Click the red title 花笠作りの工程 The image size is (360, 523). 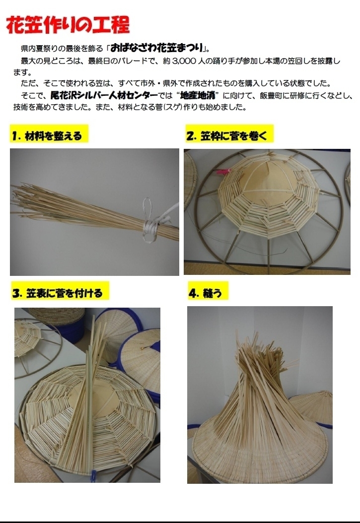pyautogui.click(x=68, y=24)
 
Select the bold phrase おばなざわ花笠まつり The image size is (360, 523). pyautogui.click(x=157, y=48)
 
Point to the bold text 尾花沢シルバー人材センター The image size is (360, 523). pyautogui.click(x=104, y=96)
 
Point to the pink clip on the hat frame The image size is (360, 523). pyautogui.click(x=222, y=172)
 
